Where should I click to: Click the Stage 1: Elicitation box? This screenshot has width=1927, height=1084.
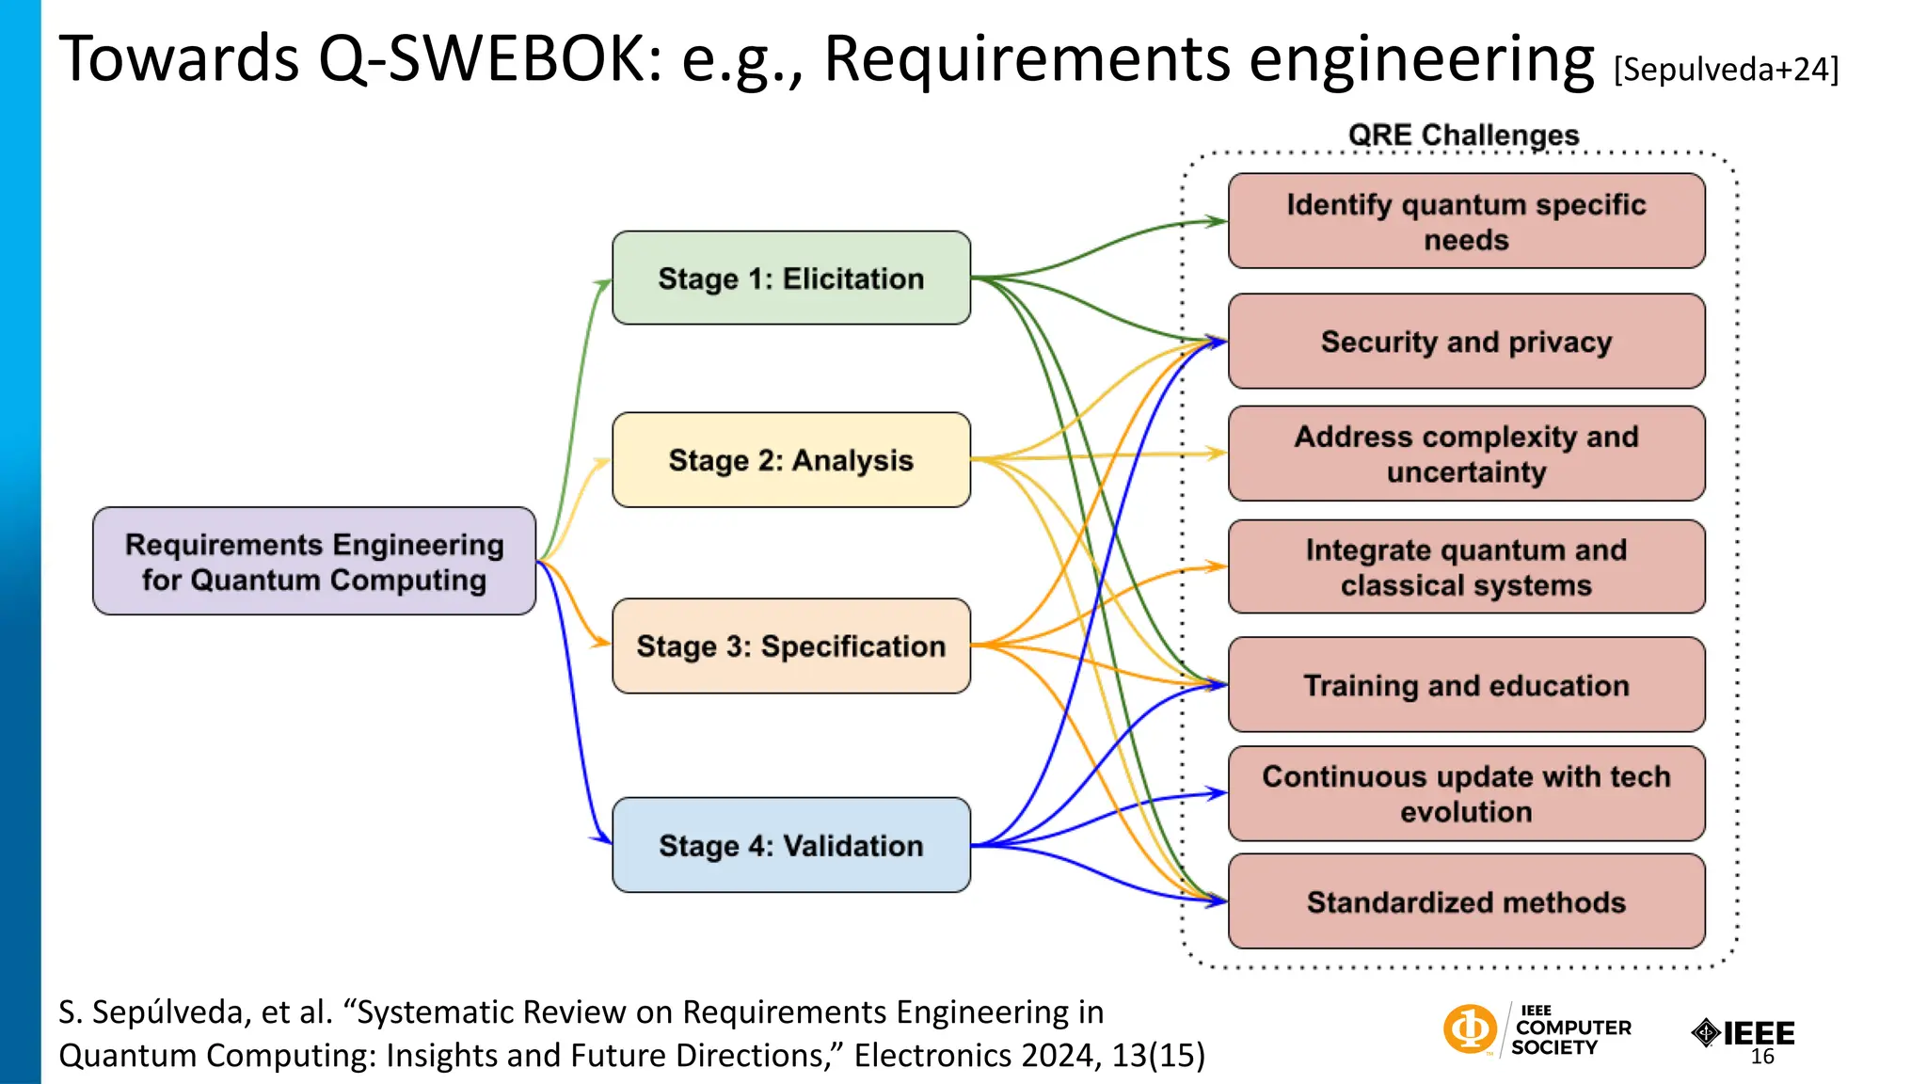pos(790,279)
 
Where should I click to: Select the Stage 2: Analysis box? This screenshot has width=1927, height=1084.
pos(790,460)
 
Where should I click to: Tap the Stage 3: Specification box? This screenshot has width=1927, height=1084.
pos(790,646)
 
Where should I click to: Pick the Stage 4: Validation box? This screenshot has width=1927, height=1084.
pos(790,845)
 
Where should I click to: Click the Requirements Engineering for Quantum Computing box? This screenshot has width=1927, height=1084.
pos(314,562)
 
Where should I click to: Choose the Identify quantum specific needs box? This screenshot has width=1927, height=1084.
pos(1466,221)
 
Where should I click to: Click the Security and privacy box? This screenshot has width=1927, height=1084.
pos(1466,342)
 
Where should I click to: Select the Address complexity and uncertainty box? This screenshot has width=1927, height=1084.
pos(1466,454)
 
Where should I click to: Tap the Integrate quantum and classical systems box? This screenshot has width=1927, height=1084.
pos(1466,567)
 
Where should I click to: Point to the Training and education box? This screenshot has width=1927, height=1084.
pos(1466,685)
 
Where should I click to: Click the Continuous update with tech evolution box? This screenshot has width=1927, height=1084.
pos(1466,794)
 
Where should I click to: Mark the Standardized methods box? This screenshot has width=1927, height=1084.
pos(1466,901)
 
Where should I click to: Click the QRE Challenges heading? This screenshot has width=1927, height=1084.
pos(1463,135)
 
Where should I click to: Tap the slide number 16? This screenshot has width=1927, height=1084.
pos(1762,1057)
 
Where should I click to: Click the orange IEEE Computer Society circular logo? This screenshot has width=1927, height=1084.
pos(1470,1028)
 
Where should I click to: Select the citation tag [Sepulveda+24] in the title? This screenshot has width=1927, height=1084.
pos(1726,70)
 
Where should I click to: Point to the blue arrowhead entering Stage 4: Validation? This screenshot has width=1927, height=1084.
pos(603,837)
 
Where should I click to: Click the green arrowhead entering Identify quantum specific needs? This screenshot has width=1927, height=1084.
pos(1218,222)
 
